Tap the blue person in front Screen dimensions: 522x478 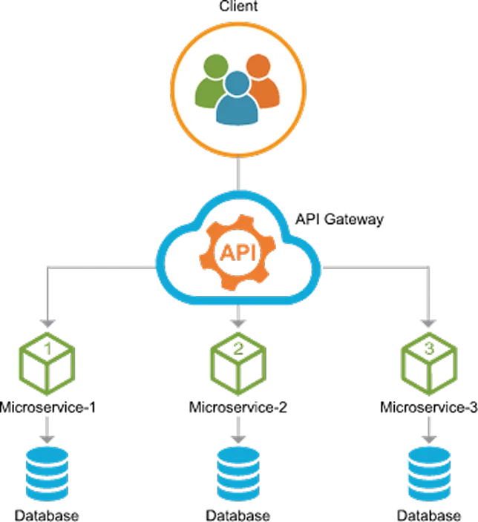(238, 100)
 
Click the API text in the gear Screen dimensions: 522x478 (238, 252)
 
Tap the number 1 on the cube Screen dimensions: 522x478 (48, 347)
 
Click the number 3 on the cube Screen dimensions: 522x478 (429, 347)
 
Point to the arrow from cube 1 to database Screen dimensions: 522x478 (48, 429)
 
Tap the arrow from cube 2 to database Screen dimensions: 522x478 (238, 429)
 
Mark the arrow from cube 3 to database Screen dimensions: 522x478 (429, 429)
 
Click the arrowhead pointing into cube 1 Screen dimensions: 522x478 (48, 323)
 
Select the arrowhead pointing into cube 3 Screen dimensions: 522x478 (429, 323)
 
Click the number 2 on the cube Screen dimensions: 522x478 (238, 347)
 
